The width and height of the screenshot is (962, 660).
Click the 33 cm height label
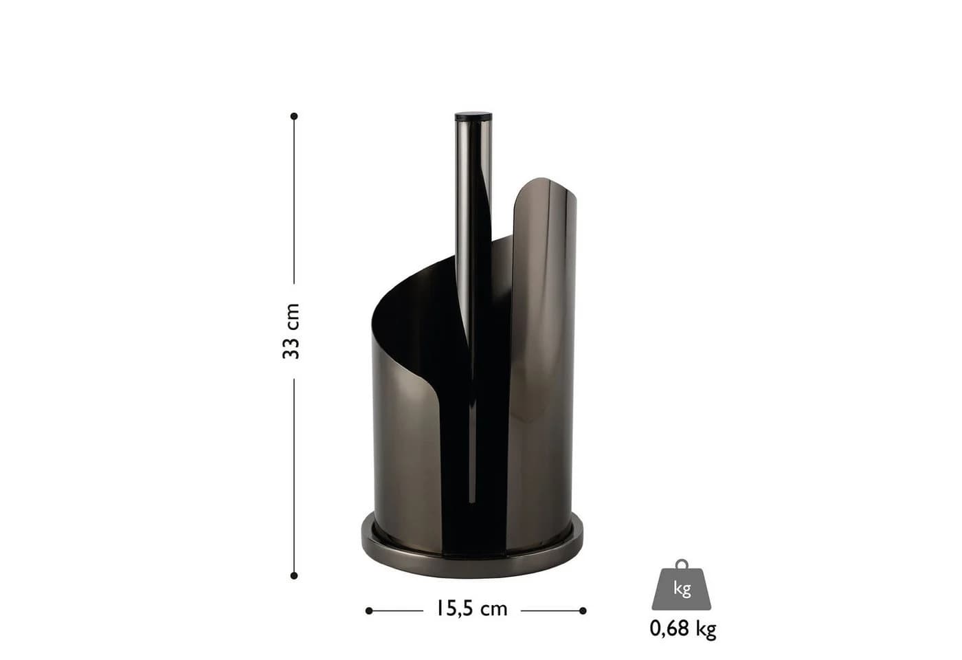[x=291, y=331]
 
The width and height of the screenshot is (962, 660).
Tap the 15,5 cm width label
[x=472, y=609]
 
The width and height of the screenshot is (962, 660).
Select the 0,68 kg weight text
[x=683, y=629]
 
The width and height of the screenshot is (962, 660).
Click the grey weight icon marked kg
[x=682, y=585]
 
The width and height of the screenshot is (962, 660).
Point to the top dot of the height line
[x=294, y=116]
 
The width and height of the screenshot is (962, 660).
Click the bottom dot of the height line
[x=294, y=576]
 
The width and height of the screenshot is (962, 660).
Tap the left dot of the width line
[x=369, y=611]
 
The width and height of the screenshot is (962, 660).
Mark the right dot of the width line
[x=583, y=611]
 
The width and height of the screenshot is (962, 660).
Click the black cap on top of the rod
[x=473, y=115]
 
